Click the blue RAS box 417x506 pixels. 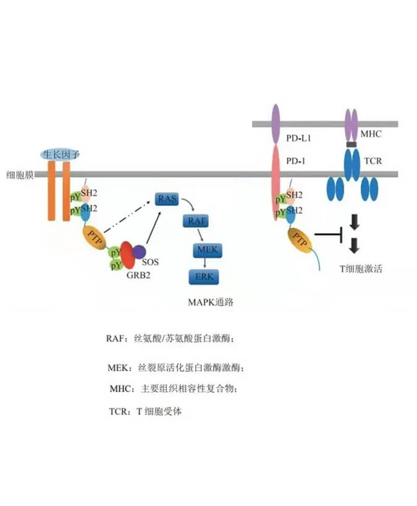point(166,199)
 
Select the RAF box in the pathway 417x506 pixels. point(193,221)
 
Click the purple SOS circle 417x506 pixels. point(138,251)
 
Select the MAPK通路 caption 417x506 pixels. point(210,302)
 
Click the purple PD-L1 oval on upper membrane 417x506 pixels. point(276,119)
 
